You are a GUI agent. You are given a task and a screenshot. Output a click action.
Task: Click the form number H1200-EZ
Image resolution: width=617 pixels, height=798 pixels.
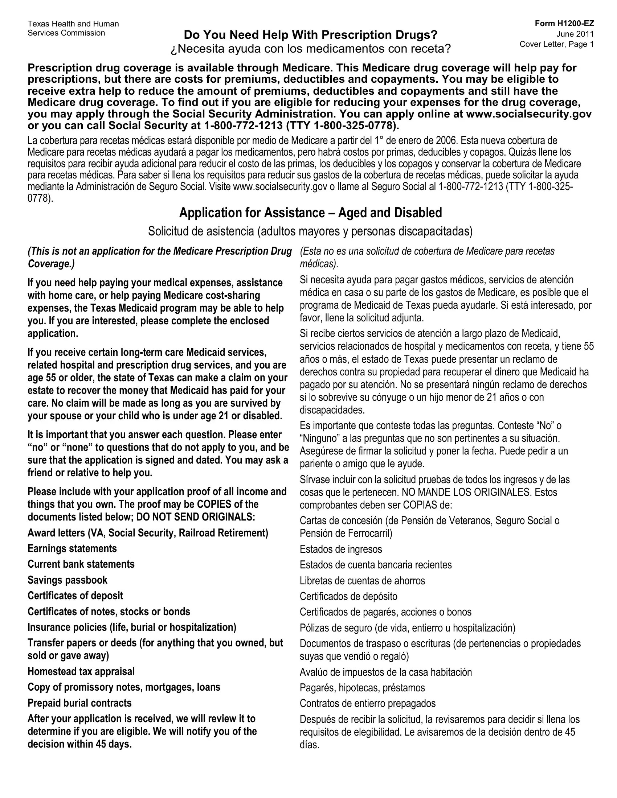(x=564, y=24)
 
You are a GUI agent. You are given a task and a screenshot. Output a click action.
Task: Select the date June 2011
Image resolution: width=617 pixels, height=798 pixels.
(x=575, y=34)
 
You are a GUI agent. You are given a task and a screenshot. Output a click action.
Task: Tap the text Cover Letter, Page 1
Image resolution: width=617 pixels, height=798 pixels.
(x=556, y=44)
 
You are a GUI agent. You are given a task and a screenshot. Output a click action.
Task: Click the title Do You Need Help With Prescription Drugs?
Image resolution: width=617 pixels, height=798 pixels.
(x=310, y=35)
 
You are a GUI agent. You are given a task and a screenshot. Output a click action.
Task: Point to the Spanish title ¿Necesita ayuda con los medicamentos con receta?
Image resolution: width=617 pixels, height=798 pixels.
(x=311, y=49)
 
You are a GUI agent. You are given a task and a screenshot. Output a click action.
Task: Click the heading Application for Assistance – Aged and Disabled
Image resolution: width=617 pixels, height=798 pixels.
(x=310, y=213)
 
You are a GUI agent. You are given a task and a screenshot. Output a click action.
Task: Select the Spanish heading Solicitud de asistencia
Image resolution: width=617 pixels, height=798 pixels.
(x=310, y=231)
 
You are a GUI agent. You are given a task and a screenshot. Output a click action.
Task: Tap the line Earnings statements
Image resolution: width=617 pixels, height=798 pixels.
(x=72, y=548)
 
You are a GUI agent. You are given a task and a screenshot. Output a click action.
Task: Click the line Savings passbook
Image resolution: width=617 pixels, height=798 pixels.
(x=67, y=580)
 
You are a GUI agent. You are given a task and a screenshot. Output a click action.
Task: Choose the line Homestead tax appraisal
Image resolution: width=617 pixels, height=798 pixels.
(x=81, y=671)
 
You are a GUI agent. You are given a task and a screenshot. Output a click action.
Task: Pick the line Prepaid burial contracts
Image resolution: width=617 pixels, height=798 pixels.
(x=79, y=703)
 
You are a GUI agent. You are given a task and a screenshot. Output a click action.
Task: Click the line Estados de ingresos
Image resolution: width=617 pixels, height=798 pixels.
(x=341, y=549)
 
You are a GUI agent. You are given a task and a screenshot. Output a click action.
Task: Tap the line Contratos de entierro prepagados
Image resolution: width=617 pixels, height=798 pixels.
(x=367, y=703)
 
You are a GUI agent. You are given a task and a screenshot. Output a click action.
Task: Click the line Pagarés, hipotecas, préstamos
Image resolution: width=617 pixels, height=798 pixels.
(x=362, y=688)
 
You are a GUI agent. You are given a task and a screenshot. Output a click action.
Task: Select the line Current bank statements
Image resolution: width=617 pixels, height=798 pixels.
(x=81, y=564)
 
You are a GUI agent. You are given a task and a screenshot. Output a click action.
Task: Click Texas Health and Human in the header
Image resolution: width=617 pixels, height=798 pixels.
(x=73, y=24)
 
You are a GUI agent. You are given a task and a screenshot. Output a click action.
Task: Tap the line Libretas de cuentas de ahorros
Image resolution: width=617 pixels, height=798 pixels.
(x=362, y=581)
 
